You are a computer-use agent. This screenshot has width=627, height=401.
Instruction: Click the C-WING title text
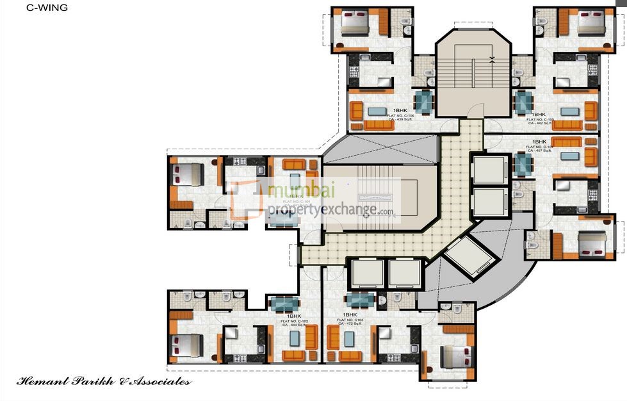click(47, 8)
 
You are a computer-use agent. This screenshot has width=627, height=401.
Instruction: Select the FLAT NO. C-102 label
click(294, 321)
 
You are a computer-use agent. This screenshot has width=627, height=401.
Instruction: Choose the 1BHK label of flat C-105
click(539, 113)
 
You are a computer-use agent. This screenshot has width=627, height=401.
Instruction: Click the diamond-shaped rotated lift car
click(471, 255)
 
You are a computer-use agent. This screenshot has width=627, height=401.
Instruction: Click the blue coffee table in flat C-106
click(379, 111)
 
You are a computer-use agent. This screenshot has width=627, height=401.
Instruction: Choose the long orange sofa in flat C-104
click(566, 142)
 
